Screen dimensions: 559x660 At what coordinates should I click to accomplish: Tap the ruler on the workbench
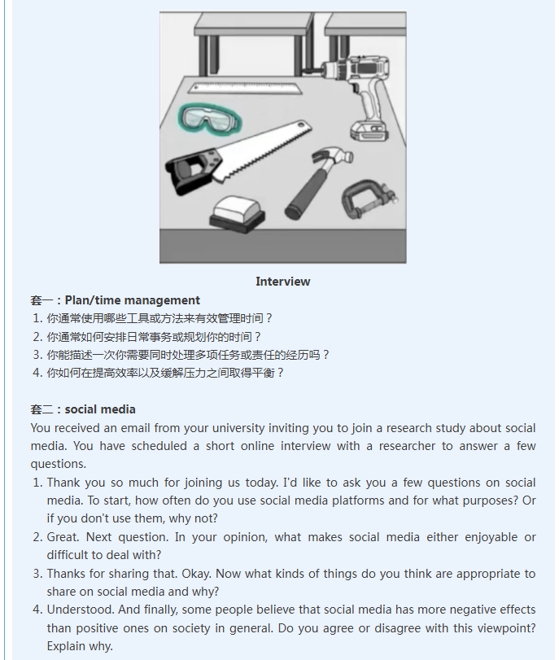246,88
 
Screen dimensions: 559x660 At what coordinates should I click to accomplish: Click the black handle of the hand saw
192,170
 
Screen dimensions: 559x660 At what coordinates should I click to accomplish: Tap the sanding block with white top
237,213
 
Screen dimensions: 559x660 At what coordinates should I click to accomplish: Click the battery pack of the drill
369,130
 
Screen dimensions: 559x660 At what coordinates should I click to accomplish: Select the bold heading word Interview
283,282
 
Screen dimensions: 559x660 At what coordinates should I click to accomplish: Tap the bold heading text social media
100,409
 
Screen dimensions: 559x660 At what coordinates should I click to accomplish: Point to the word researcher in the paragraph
407,446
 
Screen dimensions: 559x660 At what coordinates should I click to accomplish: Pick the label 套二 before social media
41,409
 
